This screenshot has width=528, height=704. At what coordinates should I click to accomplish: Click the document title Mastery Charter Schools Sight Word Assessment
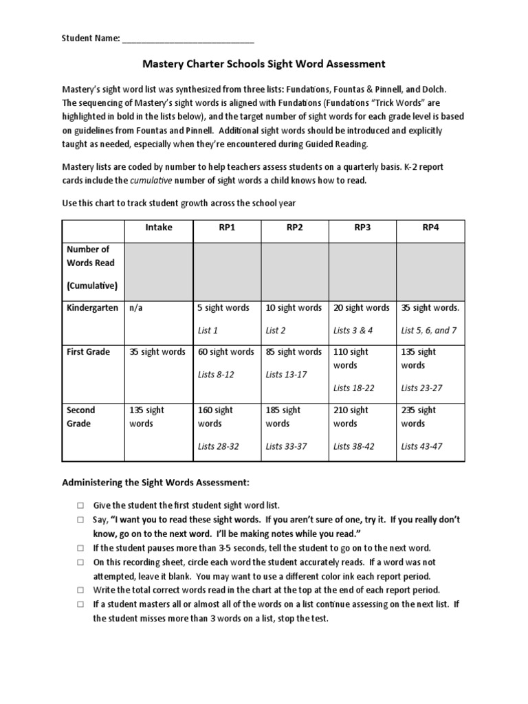pyautogui.click(x=264, y=64)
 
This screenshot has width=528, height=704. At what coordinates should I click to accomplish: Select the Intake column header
pyautogui.click(x=158, y=227)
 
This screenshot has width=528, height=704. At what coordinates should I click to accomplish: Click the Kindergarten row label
pyautogui.click(x=92, y=307)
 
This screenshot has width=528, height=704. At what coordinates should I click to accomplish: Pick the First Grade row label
pyautogui.click(x=88, y=351)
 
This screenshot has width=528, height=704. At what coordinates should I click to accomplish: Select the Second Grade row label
pyautogui.click(x=81, y=417)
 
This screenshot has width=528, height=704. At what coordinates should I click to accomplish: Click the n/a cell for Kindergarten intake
pyautogui.click(x=137, y=307)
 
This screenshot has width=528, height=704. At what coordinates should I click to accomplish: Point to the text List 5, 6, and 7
pyautogui.click(x=429, y=330)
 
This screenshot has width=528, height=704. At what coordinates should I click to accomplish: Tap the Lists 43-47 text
pyautogui.click(x=422, y=446)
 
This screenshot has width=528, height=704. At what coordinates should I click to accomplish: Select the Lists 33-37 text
pyautogui.click(x=287, y=446)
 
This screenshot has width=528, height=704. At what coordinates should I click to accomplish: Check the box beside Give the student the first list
pyautogui.click(x=79, y=505)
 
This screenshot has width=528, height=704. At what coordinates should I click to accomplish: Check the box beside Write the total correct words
pyautogui.click(x=79, y=591)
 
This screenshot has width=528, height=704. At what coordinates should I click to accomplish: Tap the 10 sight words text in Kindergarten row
pyautogui.click(x=294, y=307)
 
